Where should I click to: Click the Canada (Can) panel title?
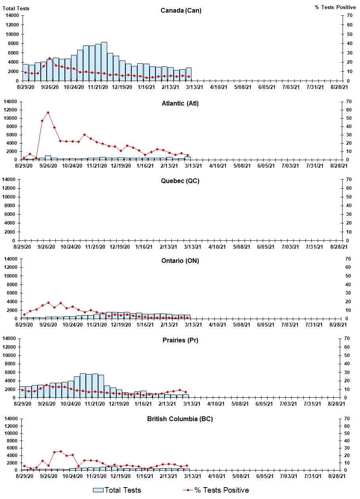(x=181, y=10)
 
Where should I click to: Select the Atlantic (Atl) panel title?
(x=180, y=104)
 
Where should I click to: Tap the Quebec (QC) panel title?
(x=180, y=181)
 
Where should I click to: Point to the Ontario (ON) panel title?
(x=180, y=261)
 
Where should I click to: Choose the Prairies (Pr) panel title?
(x=180, y=340)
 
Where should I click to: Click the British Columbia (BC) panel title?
(x=180, y=419)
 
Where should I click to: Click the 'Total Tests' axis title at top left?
(x=16, y=8)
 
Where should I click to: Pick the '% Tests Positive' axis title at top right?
(x=335, y=8)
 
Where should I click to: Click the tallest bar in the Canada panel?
(x=104, y=61)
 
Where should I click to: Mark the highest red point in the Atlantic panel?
(x=48, y=113)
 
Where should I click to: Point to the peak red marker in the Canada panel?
(x=49, y=59)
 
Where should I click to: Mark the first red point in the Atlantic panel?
(x=24, y=158)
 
